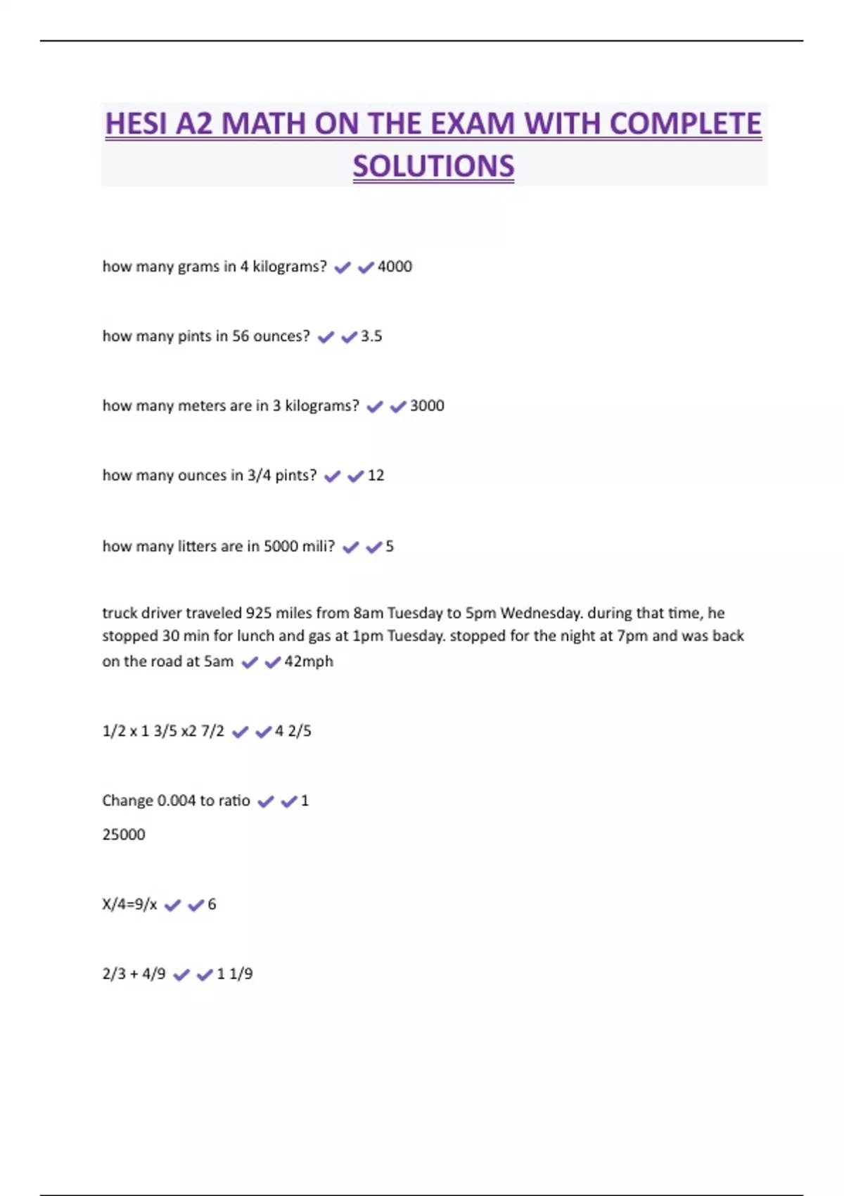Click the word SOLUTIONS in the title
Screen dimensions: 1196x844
[433, 167]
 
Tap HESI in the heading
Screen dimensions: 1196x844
[136, 125]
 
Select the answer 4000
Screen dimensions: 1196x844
[395, 267]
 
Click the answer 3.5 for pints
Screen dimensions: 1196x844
[371, 336]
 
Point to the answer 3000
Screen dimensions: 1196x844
[427, 406]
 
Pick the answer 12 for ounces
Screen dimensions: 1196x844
[376, 476]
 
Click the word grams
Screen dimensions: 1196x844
[198, 267]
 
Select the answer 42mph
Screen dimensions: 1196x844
[309, 661]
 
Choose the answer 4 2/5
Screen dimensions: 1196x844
[293, 731]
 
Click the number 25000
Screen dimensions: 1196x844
[124, 834]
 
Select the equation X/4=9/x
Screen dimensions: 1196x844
[129, 904]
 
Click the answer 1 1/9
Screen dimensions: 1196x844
[234, 974]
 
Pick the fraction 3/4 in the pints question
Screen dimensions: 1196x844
[259, 476]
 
